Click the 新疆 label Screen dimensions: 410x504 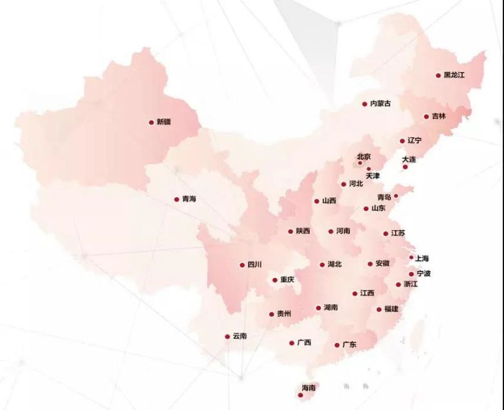pyautogui.click(x=164, y=122)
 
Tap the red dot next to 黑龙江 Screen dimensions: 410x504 pyautogui.click(x=438, y=75)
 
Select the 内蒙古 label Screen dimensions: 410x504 pyautogui.click(x=380, y=103)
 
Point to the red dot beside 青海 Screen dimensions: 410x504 pyautogui.click(x=176, y=200)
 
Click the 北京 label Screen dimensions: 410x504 pyautogui.click(x=364, y=157)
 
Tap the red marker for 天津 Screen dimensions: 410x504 pyautogui.click(x=368, y=169)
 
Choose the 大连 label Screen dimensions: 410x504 pyautogui.click(x=409, y=159)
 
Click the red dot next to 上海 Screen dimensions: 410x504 pyautogui.click(x=411, y=257)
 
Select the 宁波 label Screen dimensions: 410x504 pyautogui.click(x=423, y=273)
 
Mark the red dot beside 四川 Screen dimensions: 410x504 pyautogui.click(x=242, y=264)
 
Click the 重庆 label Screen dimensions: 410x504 pyautogui.click(x=287, y=280)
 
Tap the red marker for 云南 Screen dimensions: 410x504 pyautogui.click(x=227, y=337)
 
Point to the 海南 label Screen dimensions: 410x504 pyautogui.click(x=308, y=388)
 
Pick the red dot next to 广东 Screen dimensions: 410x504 pyautogui.click(x=337, y=346)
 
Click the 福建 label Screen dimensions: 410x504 pyautogui.click(x=391, y=309)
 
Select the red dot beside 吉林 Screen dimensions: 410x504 pyautogui.click(x=427, y=117)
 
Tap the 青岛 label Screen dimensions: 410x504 pyautogui.click(x=384, y=197)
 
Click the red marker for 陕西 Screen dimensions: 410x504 pyautogui.click(x=290, y=231)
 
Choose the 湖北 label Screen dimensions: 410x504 pyautogui.click(x=334, y=264)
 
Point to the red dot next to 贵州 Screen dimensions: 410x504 pyautogui.click(x=272, y=315)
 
